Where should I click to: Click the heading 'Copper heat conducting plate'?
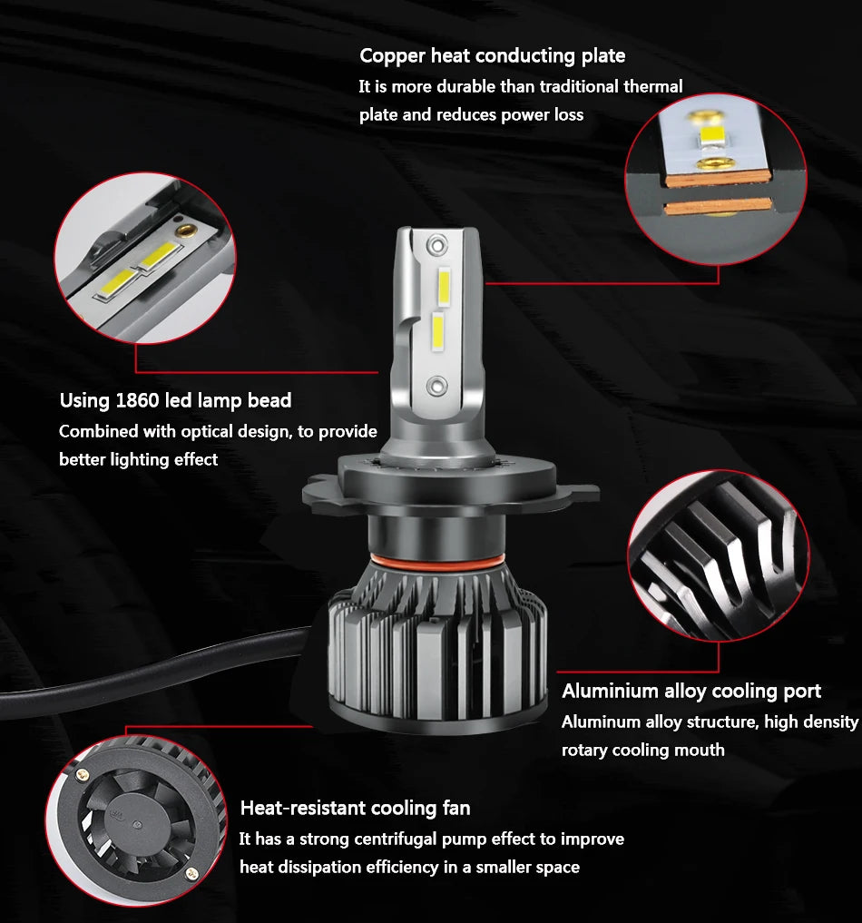[492, 56]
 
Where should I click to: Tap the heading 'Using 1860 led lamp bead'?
[175, 400]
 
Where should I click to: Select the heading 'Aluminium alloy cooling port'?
[691, 692]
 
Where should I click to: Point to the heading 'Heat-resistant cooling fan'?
[355, 808]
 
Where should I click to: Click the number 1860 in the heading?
[137, 400]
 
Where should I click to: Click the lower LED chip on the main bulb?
[436, 335]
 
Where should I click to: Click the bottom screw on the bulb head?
[436, 385]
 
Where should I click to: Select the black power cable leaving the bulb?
[136, 663]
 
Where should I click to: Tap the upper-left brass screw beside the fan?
[84, 773]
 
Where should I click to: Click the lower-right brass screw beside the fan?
[191, 872]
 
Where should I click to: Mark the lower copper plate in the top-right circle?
[717, 207]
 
